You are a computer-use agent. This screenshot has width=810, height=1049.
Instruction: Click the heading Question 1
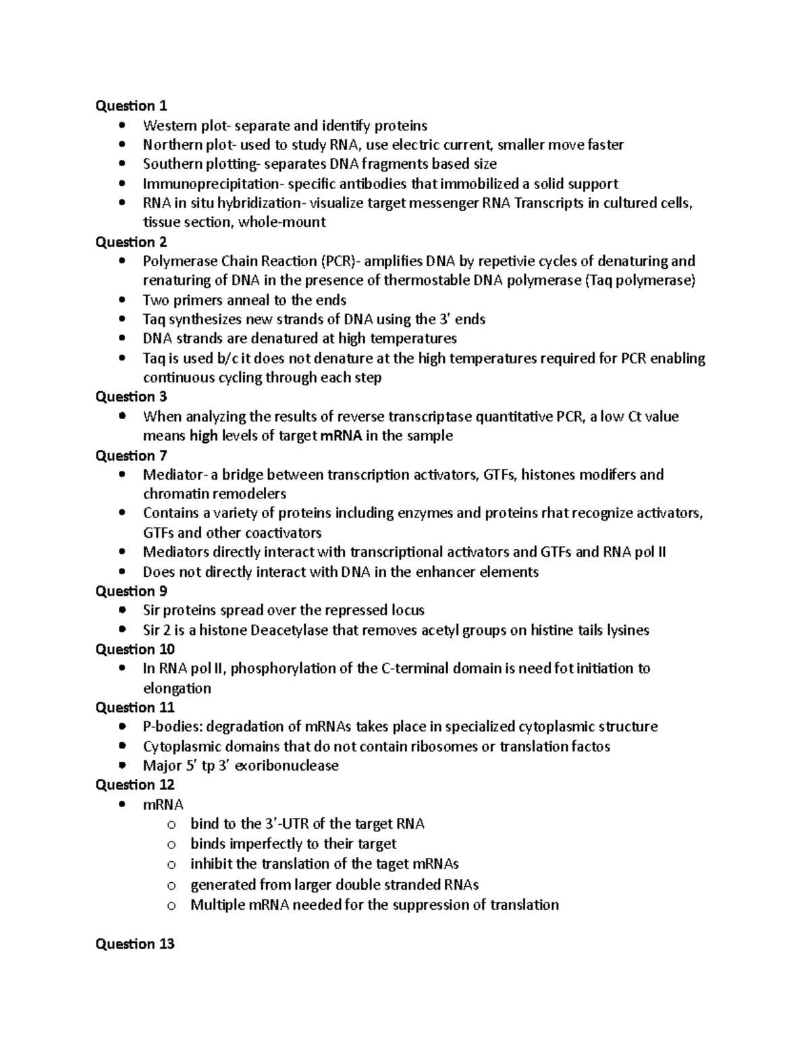(x=131, y=105)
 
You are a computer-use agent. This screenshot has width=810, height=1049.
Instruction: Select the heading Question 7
(x=131, y=455)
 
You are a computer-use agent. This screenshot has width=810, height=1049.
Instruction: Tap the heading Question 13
(x=135, y=944)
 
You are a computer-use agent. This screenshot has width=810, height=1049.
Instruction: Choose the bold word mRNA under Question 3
(x=341, y=436)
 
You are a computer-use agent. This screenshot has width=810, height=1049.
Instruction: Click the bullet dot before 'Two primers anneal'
(x=122, y=300)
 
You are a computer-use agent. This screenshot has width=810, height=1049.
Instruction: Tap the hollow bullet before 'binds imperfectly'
(x=171, y=844)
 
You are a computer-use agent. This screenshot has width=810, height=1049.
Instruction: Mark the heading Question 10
(x=135, y=649)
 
